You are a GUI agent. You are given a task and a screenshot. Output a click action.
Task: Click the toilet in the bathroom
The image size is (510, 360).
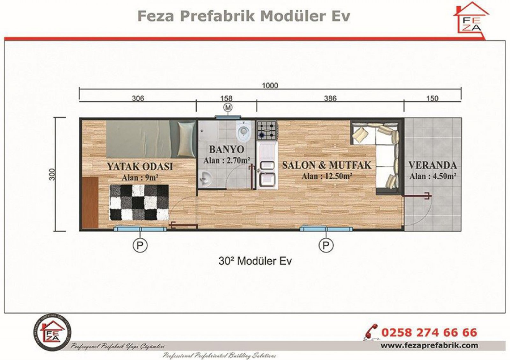pyautogui.click(x=244, y=131)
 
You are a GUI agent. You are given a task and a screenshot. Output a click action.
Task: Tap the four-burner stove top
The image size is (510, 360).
pyautogui.click(x=267, y=130)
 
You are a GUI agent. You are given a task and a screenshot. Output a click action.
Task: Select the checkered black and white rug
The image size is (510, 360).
pyautogui.click(x=139, y=203)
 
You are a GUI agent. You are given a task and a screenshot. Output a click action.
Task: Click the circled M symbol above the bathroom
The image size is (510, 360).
pyautogui.click(x=228, y=108)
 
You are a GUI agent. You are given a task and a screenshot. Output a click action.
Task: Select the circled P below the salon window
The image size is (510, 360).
pyautogui.click(x=326, y=245)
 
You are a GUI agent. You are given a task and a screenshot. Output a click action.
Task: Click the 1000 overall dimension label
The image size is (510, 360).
pyautogui.click(x=270, y=85)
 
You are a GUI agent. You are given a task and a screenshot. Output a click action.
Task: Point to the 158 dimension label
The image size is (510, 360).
pyautogui.click(x=226, y=98)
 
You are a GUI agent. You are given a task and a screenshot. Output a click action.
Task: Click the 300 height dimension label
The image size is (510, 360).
pyautogui.click(x=52, y=174)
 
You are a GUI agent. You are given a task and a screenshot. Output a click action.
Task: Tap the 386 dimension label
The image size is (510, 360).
pyautogui.click(x=330, y=98)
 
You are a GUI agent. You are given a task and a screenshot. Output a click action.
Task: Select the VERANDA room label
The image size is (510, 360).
pyautogui.click(x=433, y=165)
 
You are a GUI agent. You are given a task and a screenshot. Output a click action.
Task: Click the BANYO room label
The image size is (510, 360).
pyautogui.click(x=227, y=149)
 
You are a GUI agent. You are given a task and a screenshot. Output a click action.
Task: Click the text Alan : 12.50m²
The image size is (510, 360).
pyautogui.click(x=327, y=176)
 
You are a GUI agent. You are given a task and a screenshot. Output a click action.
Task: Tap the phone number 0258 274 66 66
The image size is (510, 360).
pyautogui.click(x=429, y=333)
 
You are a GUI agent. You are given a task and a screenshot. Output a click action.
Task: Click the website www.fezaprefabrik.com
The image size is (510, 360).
pyautogui.click(x=429, y=345)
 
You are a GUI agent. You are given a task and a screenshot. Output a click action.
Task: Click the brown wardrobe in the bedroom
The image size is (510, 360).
pyautogui.click(x=90, y=203)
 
